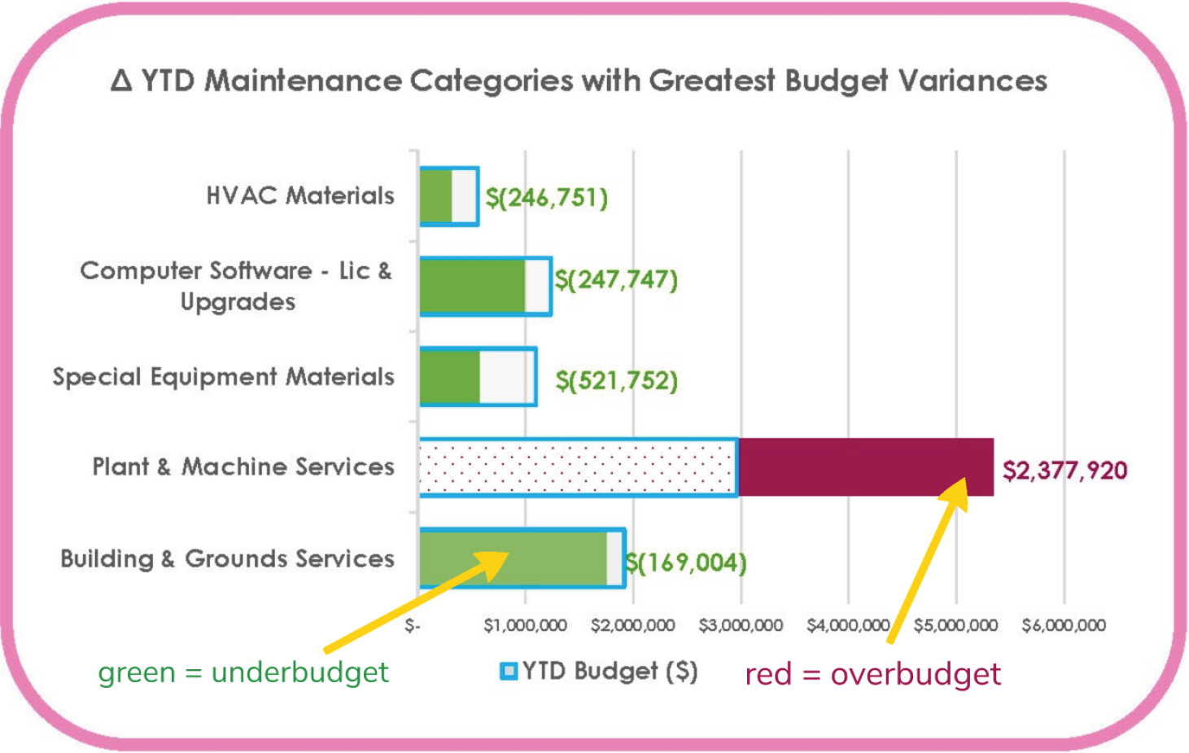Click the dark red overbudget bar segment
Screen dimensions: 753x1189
tap(866, 467)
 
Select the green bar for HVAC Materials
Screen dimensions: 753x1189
tap(436, 196)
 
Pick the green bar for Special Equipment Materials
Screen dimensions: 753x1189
tap(450, 376)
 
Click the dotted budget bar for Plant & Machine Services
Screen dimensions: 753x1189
tap(578, 467)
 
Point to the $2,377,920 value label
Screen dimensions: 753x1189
tap(1064, 471)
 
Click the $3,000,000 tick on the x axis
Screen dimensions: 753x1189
tap(741, 625)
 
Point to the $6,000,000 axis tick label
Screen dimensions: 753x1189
tap(1064, 625)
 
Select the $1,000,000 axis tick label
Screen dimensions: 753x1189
tap(525, 625)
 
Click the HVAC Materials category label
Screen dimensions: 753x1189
tap(300, 195)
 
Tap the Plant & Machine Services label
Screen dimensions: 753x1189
tap(243, 466)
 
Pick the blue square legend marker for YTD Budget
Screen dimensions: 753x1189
tap(509, 671)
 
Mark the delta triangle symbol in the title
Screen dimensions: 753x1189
tap(121, 81)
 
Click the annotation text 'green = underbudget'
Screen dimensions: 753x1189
tap(243, 672)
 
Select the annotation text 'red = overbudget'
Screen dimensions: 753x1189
tap(872, 674)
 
